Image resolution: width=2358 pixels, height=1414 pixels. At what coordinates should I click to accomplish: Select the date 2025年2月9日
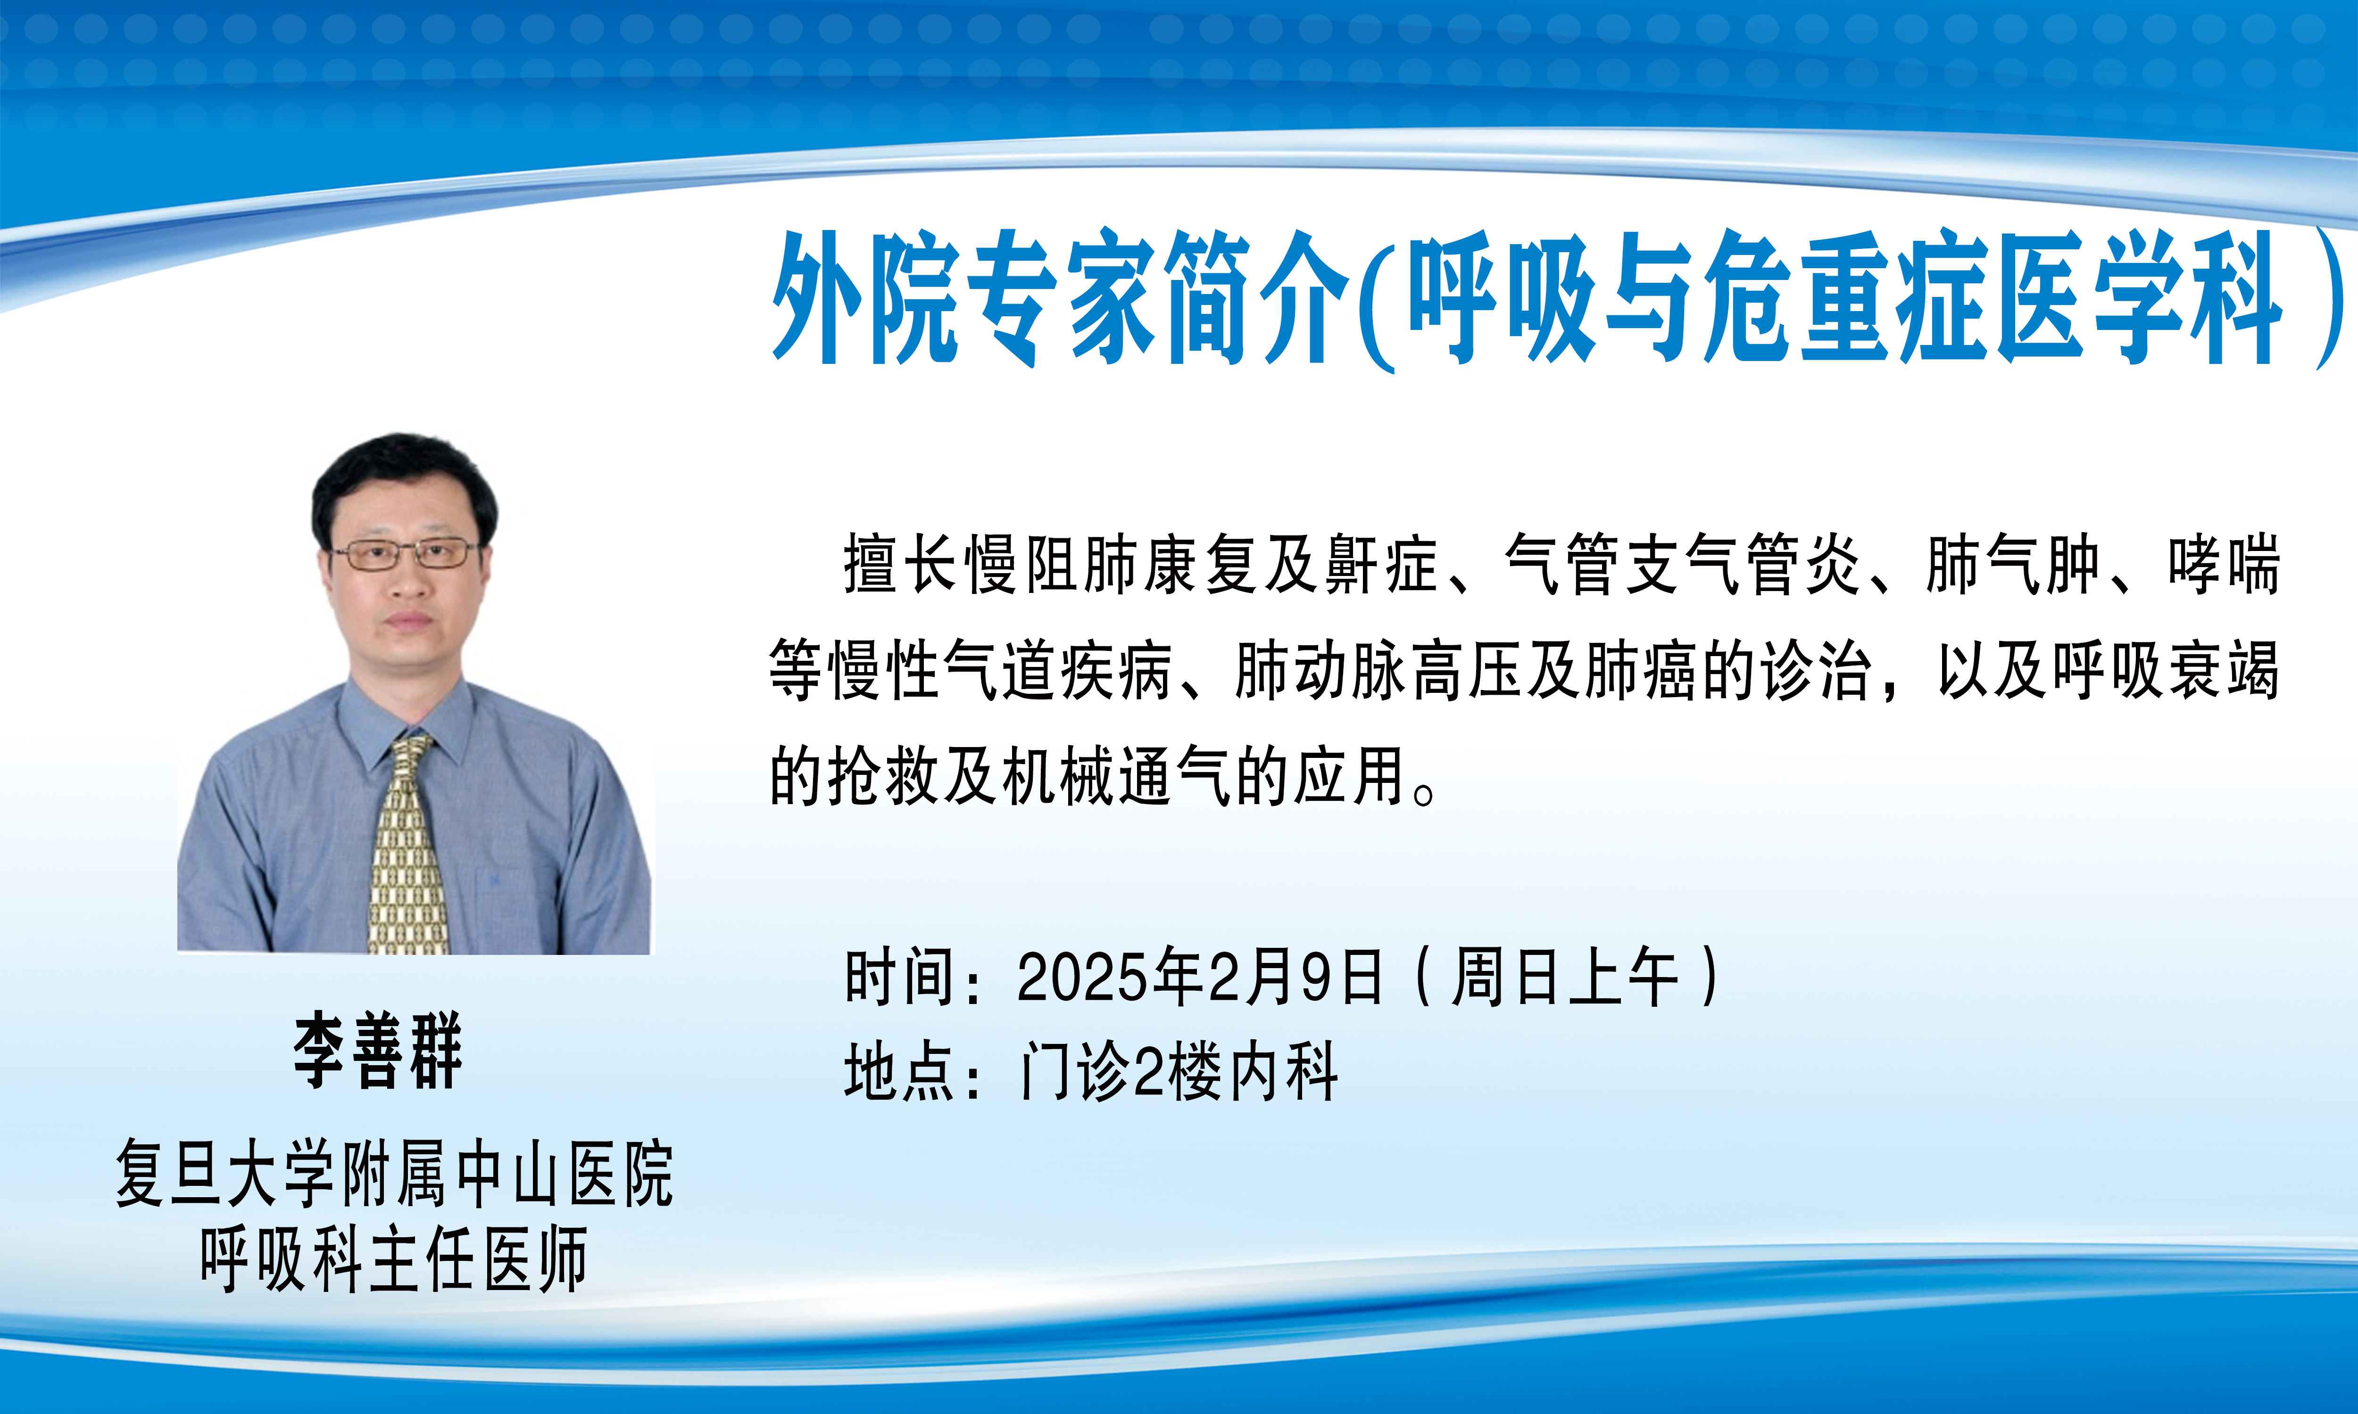click(1199, 977)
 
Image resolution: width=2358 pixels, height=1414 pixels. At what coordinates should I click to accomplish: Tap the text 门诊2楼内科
click(1179, 1072)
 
